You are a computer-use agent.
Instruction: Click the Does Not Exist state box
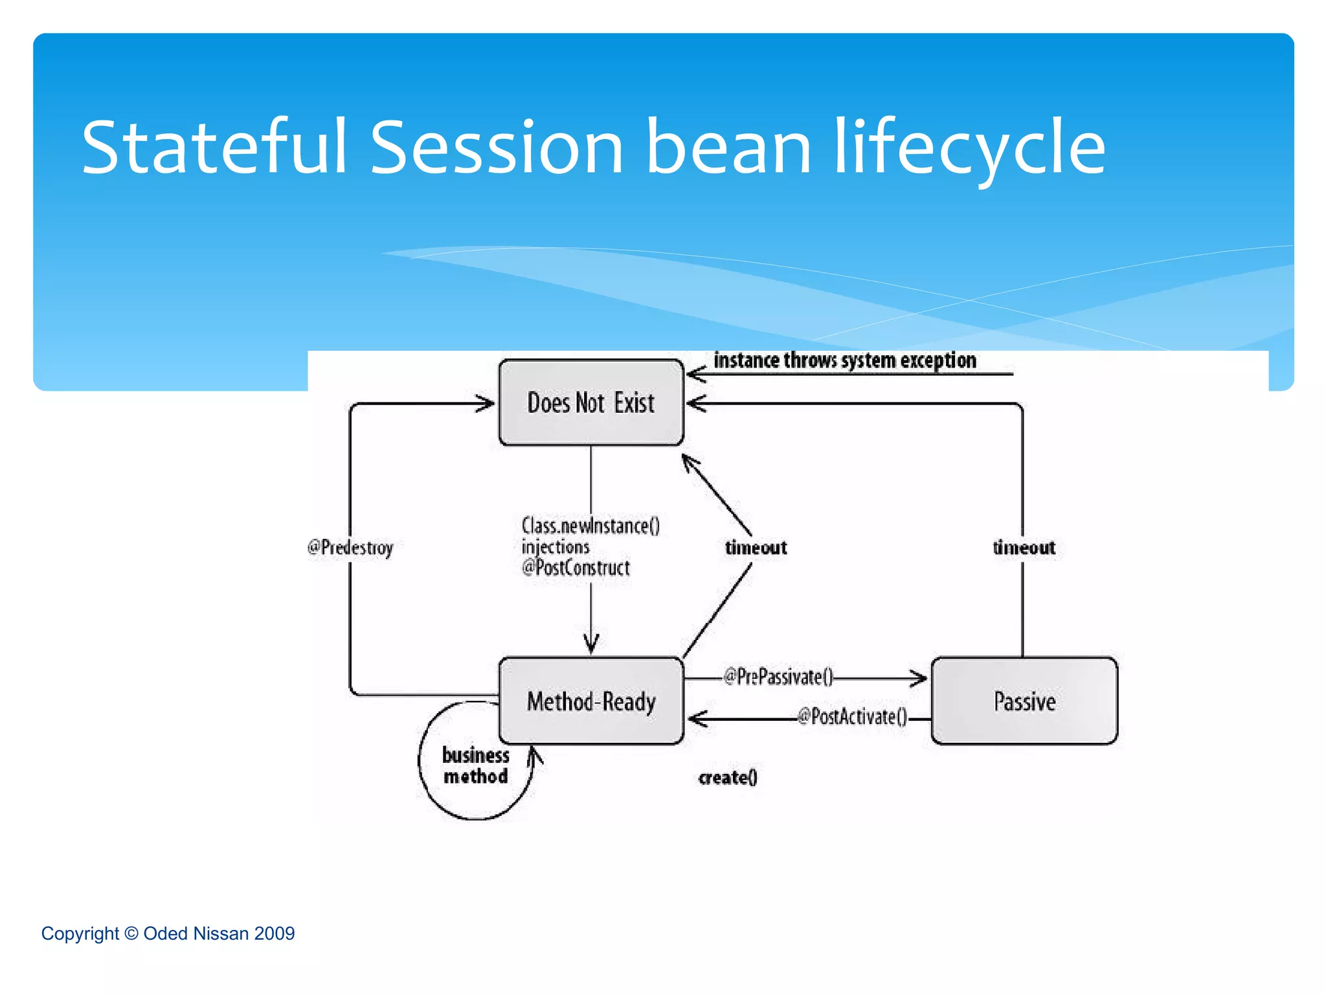(x=590, y=403)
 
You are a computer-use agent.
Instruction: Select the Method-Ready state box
(x=590, y=701)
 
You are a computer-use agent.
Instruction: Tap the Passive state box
(x=1024, y=701)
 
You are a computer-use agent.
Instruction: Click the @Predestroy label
(x=350, y=547)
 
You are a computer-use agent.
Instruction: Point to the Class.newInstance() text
(x=590, y=525)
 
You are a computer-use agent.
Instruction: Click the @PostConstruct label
(x=576, y=568)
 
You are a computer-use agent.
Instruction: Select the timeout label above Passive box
(x=1024, y=547)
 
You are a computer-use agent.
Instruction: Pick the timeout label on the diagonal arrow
(x=756, y=547)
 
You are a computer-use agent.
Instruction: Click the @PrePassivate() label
(x=778, y=677)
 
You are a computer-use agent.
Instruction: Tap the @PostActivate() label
(x=852, y=717)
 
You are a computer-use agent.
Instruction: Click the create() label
(x=728, y=777)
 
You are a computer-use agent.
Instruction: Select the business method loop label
(x=475, y=766)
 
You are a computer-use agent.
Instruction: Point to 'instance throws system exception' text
(x=844, y=360)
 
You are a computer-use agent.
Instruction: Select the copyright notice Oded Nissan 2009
(x=168, y=933)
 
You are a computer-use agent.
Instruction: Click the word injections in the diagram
(x=556, y=547)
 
